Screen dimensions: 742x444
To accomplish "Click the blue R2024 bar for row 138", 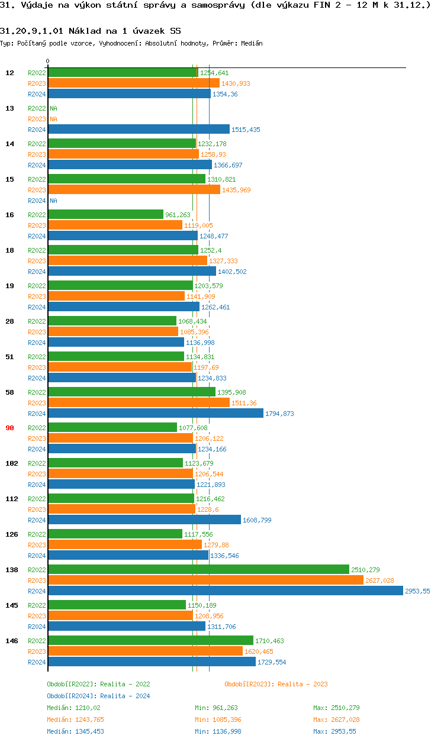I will [225, 591].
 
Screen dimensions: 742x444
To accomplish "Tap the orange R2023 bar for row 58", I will [139, 403].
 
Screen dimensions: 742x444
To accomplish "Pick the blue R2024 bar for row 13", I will [139, 130].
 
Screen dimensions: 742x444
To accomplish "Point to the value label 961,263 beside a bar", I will [178, 215].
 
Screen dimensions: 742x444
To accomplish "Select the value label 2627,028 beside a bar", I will [379, 580].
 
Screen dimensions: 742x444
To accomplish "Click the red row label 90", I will [9, 428].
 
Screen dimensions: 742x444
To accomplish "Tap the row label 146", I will [11, 641].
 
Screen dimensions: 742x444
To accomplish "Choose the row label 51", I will [9, 357].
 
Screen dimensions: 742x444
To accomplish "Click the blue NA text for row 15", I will [53, 201].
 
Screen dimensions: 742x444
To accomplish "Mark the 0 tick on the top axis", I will [48, 61].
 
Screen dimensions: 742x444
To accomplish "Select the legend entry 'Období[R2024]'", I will [72, 696].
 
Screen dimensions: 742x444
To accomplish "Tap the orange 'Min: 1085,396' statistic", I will [218, 720].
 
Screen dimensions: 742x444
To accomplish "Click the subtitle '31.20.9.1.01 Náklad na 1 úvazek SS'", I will [91, 30].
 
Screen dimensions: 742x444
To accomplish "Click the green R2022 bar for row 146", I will [150, 641].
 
